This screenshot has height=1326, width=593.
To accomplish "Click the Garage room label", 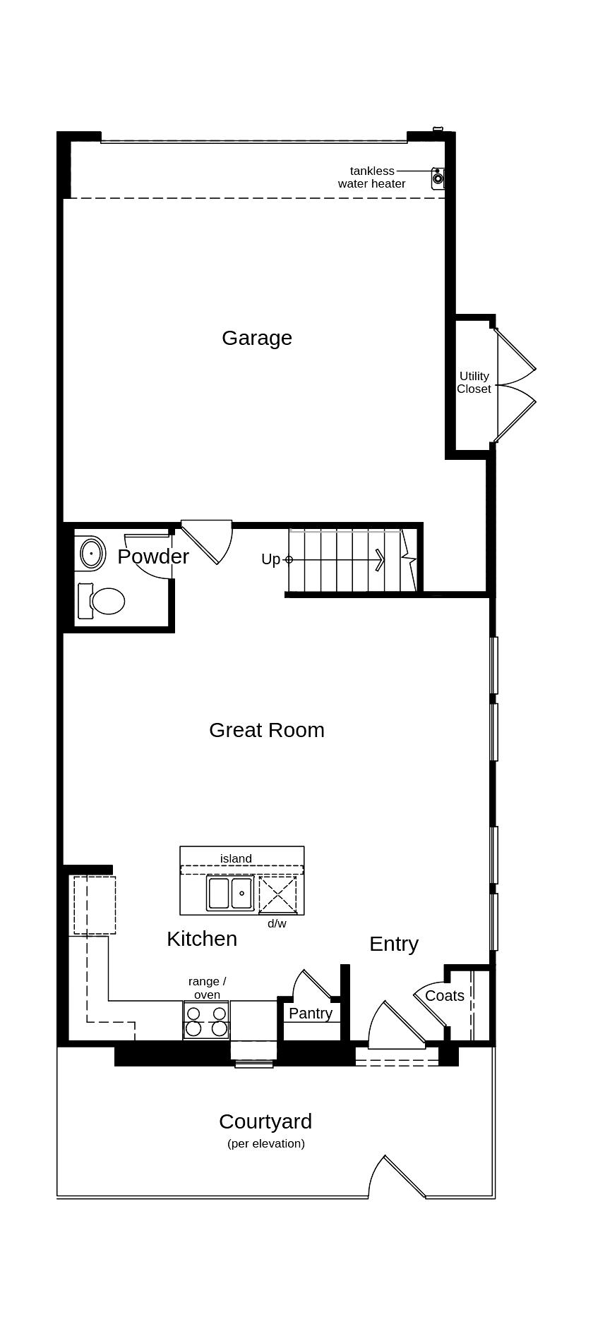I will [x=257, y=338].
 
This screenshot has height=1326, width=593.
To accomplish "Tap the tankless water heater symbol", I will [x=438, y=178].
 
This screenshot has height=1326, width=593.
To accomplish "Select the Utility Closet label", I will [x=474, y=382].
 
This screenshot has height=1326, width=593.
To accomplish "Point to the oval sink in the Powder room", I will [x=92, y=554].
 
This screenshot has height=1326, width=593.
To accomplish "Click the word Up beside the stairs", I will [x=270, y=559].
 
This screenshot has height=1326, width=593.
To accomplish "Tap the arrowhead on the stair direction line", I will [x=381, y=560].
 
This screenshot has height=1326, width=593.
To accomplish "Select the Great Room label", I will [x=266, y=730].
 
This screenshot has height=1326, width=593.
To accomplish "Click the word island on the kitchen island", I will [x=236, y=858].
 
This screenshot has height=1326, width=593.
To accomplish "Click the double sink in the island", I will [x=230, y=893].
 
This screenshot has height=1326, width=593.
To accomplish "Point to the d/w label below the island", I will [x=277, y=923].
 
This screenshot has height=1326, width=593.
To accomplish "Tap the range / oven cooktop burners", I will [x=206, y=1021].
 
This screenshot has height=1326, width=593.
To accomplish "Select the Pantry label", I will [x=311, y=1014].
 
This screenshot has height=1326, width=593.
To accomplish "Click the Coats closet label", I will [x=445, y=996].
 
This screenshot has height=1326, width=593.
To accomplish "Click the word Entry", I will [x=394, y=944].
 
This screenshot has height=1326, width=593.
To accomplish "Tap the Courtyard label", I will [x=265, y=1121].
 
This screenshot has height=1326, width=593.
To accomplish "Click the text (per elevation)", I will [x=266, y=1143].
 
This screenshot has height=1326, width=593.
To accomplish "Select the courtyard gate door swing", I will [x=396, y=1177].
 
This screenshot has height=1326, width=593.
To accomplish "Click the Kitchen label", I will [x=202, y=939].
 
